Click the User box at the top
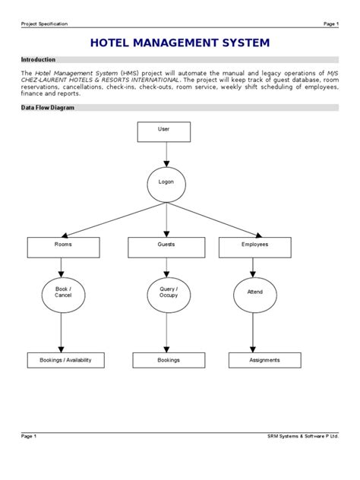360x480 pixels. coord(165,131)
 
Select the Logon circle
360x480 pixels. coord(165,185)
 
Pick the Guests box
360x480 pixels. coord(165,246)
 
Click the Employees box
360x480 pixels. coord(254,246)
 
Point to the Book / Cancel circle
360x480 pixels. coord(60,293)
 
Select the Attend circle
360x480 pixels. coord(254,292)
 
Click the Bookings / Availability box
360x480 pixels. coord(60,360)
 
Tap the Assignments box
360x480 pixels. coord(264,360)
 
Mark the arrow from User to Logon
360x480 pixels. coord(165,155)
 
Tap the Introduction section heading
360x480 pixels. coord(38,59)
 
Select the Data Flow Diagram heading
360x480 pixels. coord(46,108)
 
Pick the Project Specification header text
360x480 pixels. coord(44,24)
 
